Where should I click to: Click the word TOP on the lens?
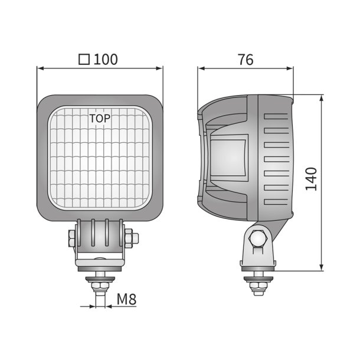pyautogui.click(x=100, y=117)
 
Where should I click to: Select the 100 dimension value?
pyautogui.click(x=106, y=59)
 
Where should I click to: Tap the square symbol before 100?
pyautogui.click(x=84, y=60)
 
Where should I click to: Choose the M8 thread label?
pyautogui.click(x=126, y=299)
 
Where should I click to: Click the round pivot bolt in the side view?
pyautogui.click(x=258, y=238)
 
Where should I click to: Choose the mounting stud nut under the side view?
pyautogui.click(x=258, y=286)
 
